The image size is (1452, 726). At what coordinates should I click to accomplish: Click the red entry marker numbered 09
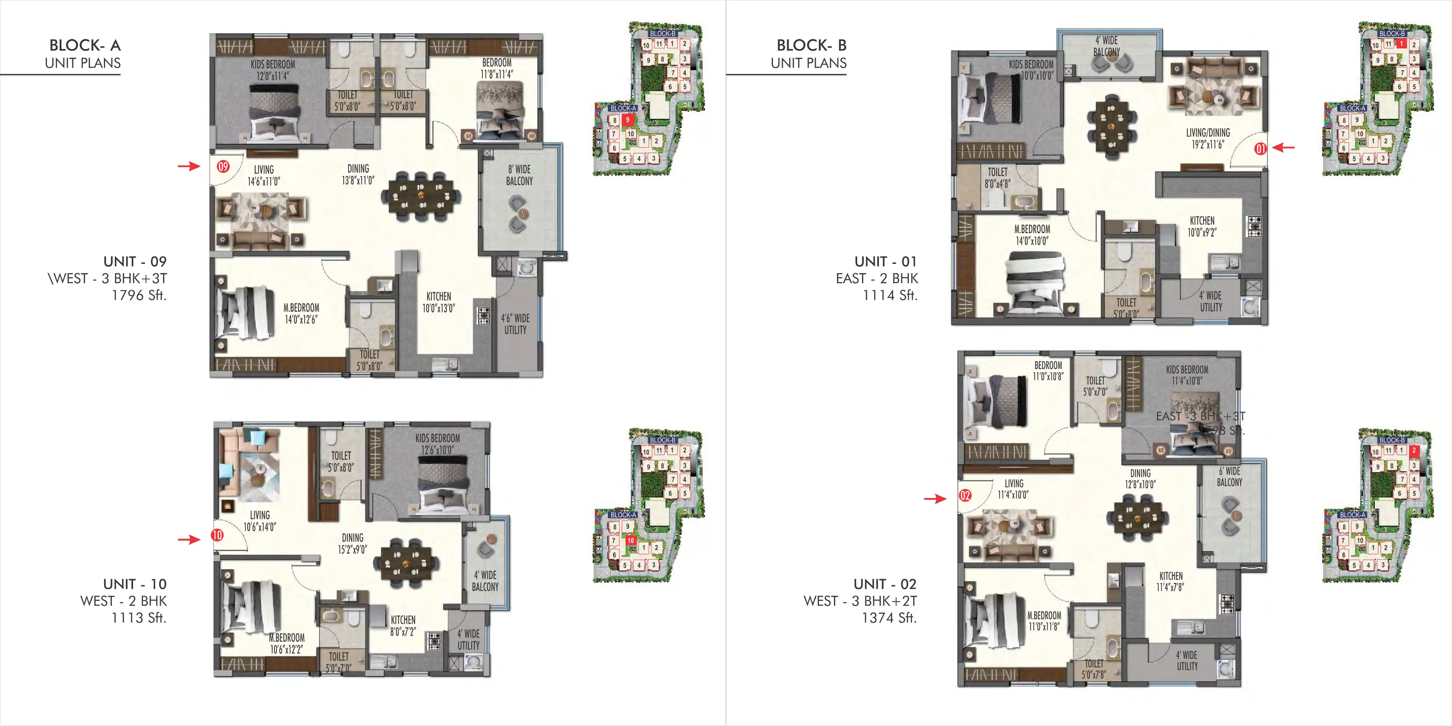pos(223,166)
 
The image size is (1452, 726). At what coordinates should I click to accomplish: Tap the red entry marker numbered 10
pos(217,535)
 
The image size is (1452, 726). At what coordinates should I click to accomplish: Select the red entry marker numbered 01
pos(1260,149)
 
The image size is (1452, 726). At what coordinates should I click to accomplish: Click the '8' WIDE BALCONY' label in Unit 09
pos(519,175)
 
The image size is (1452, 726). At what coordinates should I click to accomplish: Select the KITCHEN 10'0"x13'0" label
pos(438,302)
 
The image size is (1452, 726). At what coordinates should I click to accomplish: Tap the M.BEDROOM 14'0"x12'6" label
pos(301,313)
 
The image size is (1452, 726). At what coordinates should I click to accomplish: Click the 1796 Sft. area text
pos(139,295)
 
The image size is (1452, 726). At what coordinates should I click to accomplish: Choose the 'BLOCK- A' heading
pos(85,45)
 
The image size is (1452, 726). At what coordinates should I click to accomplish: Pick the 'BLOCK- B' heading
pos(811,45)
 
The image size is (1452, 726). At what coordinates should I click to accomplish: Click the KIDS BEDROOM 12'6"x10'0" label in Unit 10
pos(438,444)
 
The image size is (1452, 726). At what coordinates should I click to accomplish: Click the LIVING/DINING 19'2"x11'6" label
pos(1207,139)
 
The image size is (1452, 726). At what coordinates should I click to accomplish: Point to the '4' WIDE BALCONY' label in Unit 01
pos(1107,46)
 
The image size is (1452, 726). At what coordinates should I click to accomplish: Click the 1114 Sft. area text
pos(890,295)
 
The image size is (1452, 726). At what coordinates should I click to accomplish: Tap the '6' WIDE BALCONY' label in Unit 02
pos(1229,477)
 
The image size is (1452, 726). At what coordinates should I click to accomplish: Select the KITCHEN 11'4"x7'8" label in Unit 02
pos(1171,581)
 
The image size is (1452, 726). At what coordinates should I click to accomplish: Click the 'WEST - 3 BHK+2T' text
pos(860,601)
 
